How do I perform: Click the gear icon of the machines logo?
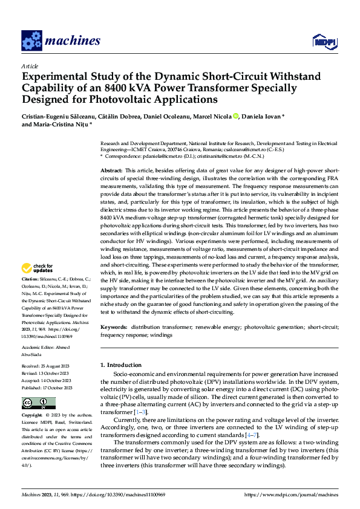(31, 41)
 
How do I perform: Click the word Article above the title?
(29, 65)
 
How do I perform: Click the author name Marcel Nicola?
(211, 116)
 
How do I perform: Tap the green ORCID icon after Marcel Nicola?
(235, 116)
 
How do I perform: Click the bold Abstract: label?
(111, 172)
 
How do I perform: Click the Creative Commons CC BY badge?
(39, 403)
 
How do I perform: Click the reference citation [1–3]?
(139, 411)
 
